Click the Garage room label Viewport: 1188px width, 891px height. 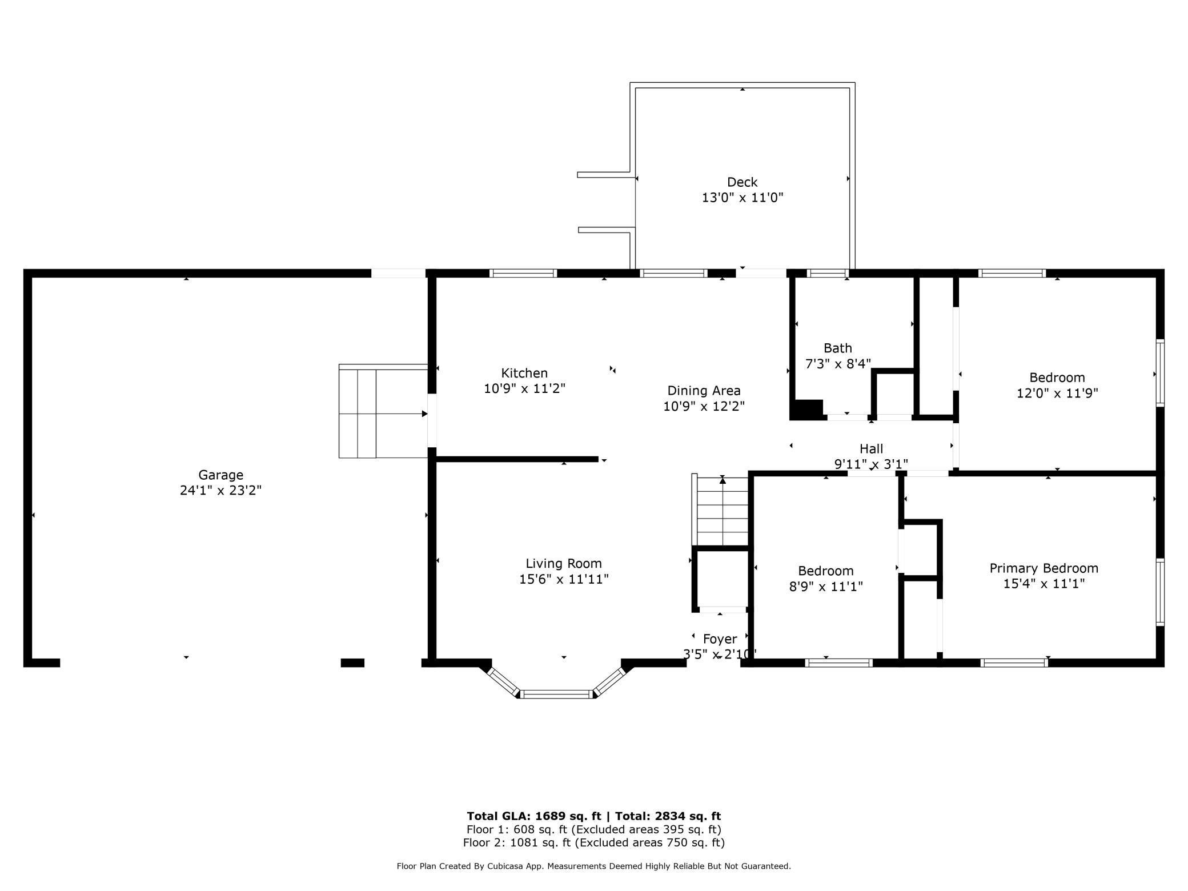220,475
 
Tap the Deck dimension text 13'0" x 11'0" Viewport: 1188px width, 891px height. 742,198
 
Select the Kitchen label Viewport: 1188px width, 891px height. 524,373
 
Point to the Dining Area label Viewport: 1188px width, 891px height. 704,391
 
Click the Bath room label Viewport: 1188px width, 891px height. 838,348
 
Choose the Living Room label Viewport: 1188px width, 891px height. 564,564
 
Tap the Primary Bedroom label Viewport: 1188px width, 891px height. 1044,568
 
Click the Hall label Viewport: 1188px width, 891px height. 872,449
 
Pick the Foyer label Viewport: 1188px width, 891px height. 720,639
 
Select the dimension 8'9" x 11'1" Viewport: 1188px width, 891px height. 826,586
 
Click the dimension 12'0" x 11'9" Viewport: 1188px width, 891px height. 1057,393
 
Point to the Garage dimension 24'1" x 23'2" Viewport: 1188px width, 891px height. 220,490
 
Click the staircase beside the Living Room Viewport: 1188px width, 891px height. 720,511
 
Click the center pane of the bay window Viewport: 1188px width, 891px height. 557,694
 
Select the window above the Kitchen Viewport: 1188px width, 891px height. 523,273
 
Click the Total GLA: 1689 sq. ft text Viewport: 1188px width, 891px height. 534,816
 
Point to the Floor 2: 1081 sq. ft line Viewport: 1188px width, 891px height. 594,842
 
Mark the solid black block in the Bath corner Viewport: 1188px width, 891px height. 807,409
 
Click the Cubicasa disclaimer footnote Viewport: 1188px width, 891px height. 594,866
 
